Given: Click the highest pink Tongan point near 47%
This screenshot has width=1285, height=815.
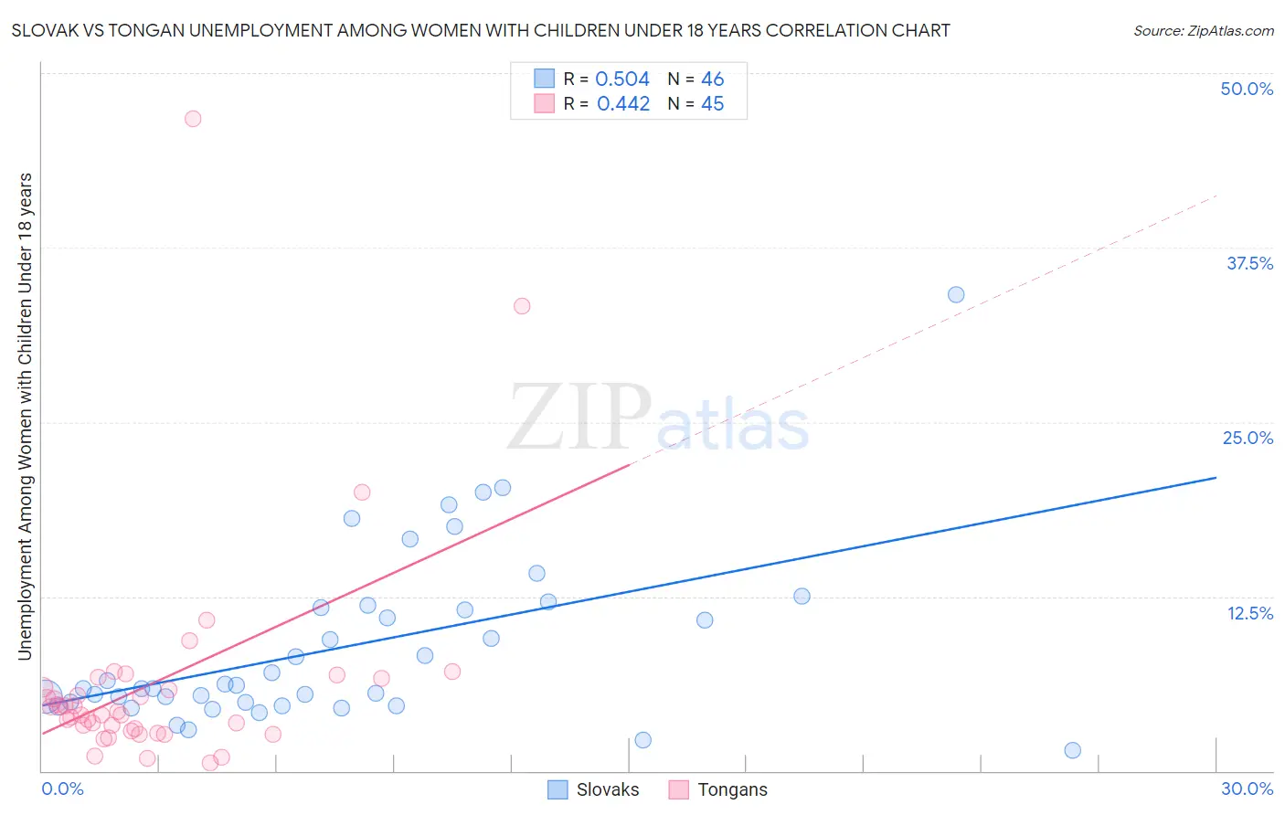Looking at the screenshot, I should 192,119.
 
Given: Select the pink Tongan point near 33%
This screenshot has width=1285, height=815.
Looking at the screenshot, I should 522,306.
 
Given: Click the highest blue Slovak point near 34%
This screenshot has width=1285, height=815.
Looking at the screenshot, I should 956,294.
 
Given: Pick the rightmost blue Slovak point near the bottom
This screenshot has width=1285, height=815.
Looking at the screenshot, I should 1073,750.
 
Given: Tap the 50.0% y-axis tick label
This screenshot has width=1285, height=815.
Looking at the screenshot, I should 1247,89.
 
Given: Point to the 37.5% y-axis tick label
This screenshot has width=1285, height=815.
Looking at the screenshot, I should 1249,263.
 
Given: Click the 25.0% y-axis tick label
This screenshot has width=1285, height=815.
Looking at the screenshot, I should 1248,438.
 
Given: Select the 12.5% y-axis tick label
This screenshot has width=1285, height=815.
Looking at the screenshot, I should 1249,613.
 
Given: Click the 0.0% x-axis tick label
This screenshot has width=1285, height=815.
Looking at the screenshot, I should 62,789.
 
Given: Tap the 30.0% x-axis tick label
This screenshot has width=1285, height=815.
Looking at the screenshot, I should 1247,789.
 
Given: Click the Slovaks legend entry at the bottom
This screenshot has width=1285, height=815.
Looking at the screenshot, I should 594,789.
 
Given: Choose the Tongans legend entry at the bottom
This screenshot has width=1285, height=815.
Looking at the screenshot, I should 718,789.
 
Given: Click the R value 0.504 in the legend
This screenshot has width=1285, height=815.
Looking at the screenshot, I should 622,79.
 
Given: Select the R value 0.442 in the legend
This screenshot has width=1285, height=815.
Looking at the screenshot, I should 623,104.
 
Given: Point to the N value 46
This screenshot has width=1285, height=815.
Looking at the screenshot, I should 712,79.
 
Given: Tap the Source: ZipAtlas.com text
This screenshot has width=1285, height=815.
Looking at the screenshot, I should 1203,30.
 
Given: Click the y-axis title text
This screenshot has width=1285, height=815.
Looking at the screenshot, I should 25,416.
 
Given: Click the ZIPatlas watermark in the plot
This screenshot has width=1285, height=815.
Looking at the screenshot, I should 658,418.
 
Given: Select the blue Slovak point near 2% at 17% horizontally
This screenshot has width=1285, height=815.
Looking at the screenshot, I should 642,740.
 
